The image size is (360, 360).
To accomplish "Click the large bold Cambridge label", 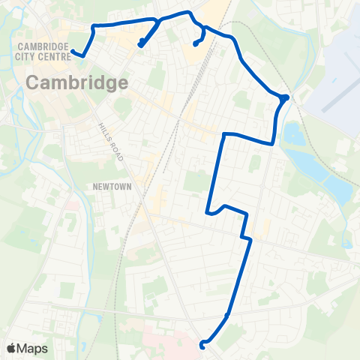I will click(77, 82).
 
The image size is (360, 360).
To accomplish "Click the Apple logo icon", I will click(11, 348).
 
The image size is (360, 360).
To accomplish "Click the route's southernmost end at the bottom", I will click(202, 345).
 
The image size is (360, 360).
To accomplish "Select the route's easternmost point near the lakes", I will click(284, 97).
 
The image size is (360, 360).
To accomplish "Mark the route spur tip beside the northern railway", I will click(196, 43).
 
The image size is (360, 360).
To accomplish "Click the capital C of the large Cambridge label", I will click(35, 82).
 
